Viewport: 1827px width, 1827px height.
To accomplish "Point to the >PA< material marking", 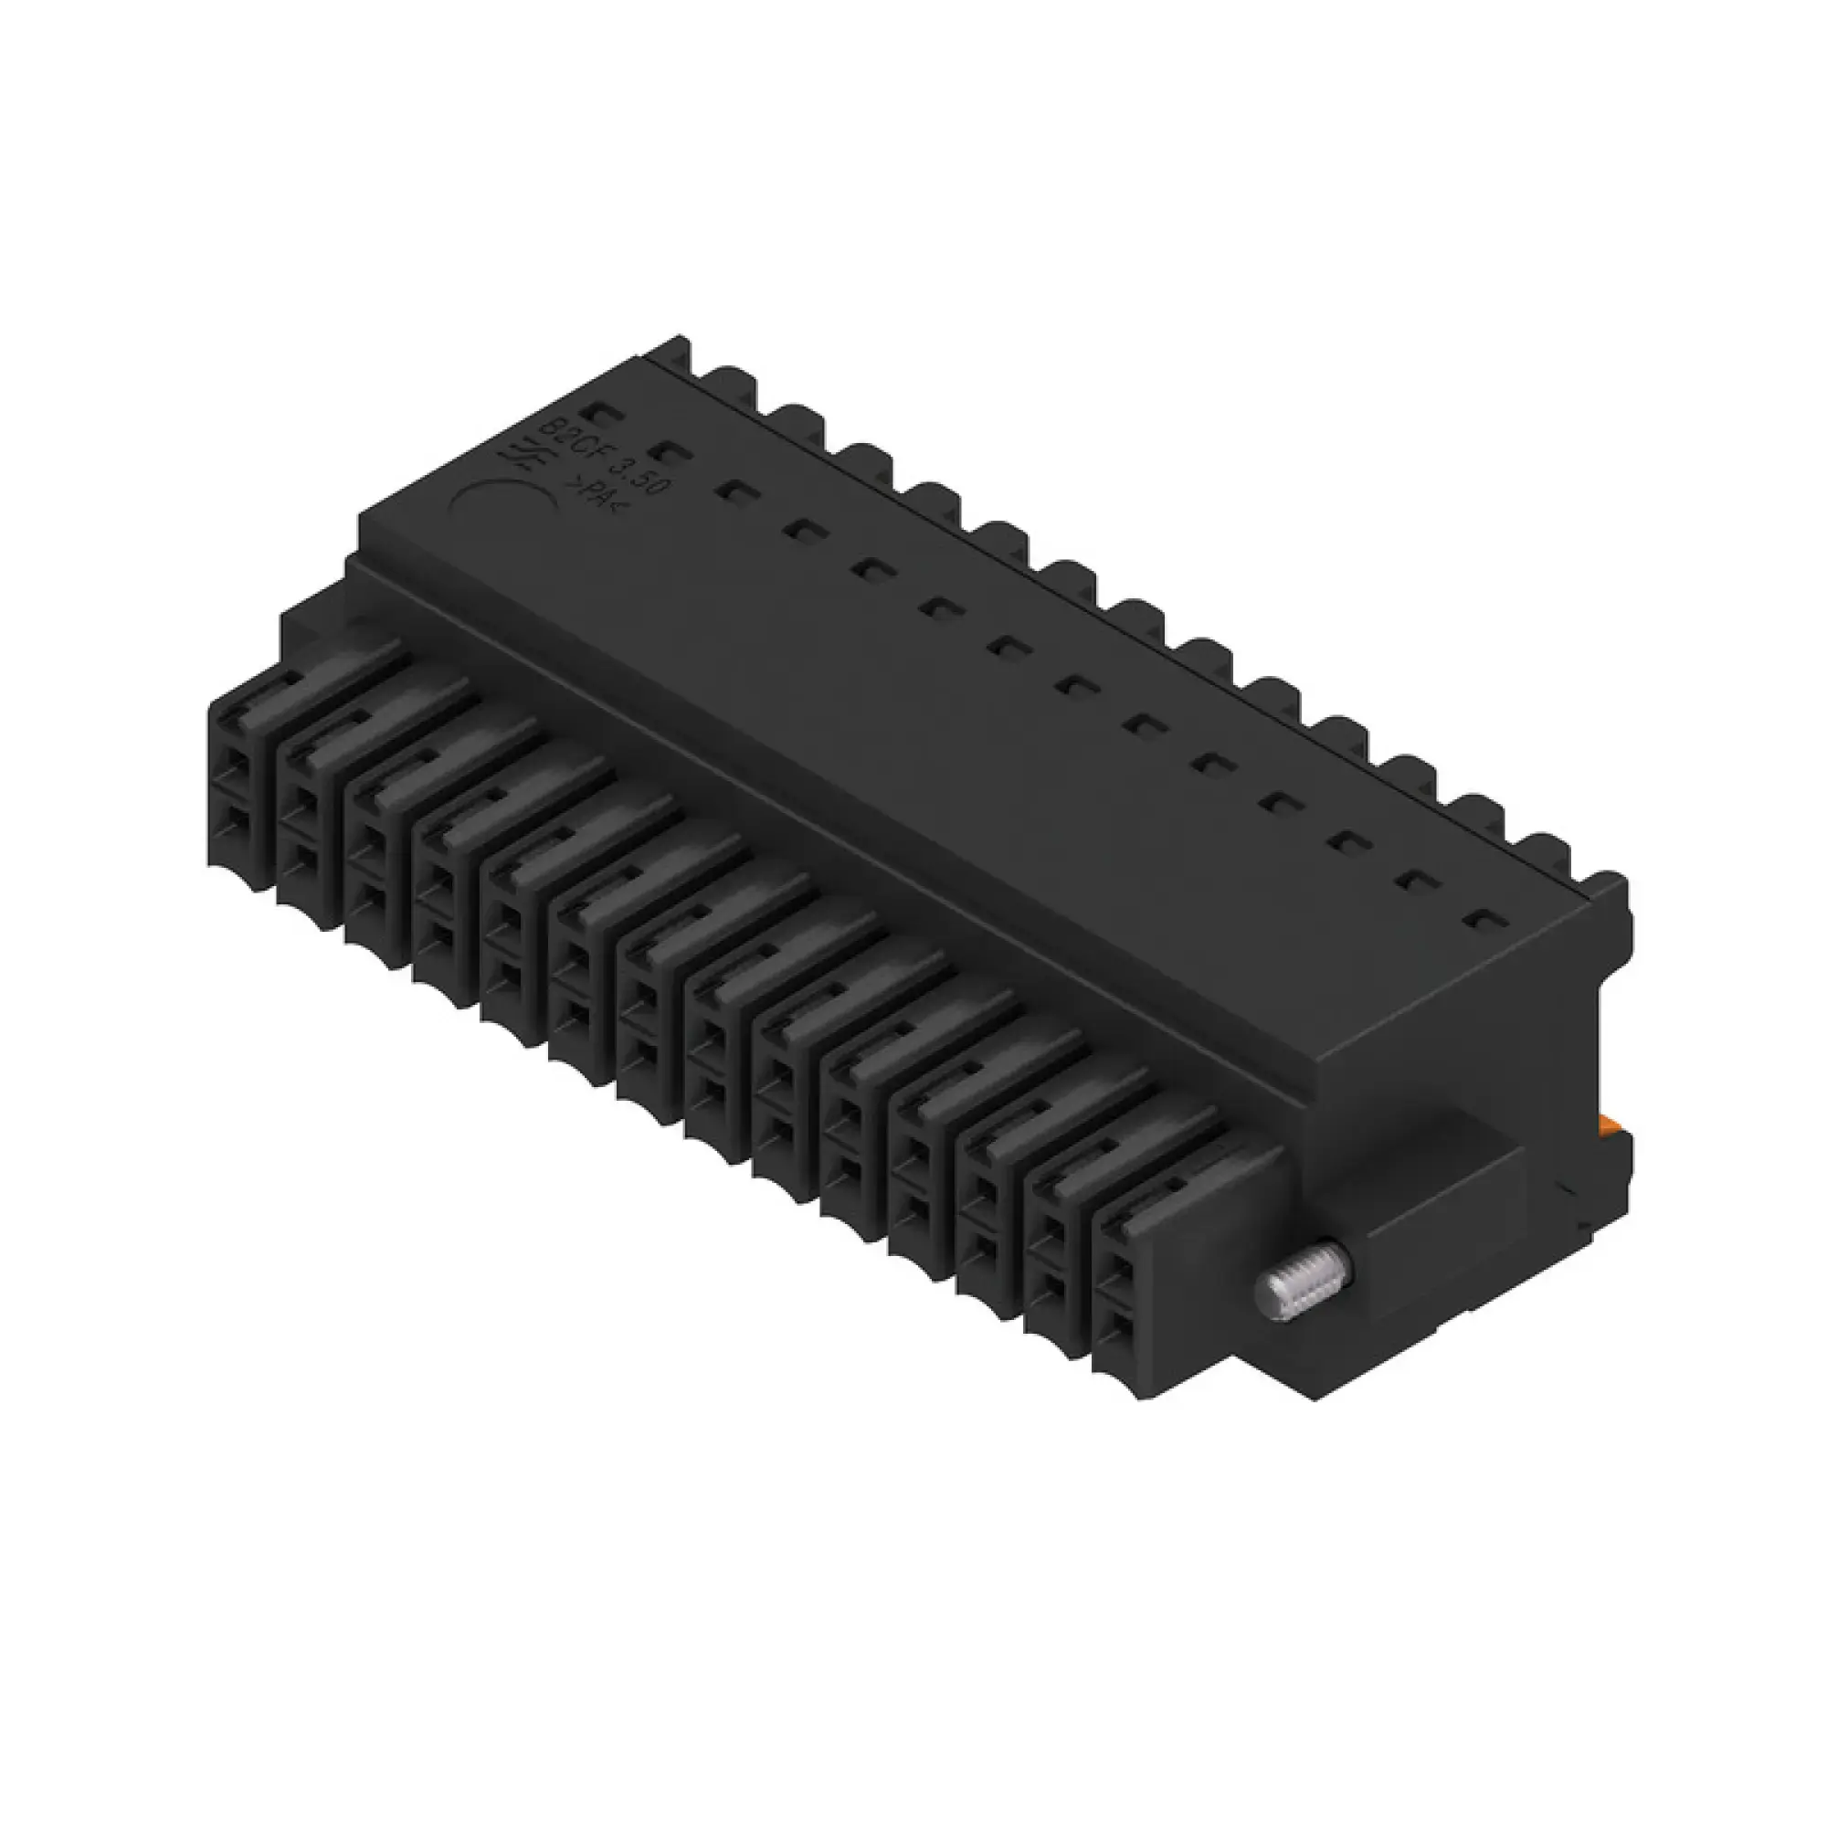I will [x=587, y=491].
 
